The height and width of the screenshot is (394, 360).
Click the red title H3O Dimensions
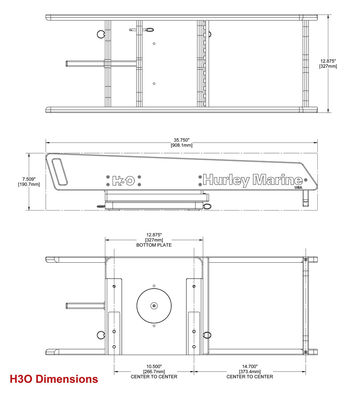(x=54, y=379)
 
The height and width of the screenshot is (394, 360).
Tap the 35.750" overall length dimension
(x=181, y=140)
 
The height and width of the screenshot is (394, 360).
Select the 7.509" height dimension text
(x=29, y=179)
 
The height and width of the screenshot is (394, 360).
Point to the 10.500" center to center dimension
(x=154, y=367)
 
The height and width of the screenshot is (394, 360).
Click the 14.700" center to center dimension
(x=250, y=367)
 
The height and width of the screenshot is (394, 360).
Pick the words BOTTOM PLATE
(x=154, y=245)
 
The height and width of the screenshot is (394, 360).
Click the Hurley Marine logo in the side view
(x=253, y=181)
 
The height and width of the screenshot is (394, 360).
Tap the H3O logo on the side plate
(x=124, y=181)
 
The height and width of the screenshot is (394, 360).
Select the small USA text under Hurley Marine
(x=298, y=188)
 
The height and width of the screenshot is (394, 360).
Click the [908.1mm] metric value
(x=181, y=145)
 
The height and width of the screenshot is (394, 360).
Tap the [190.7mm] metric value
(x=29, y=185)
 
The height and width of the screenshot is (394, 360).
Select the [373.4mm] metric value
(x=250, y=372)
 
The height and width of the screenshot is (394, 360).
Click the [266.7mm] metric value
(x=154, y=372)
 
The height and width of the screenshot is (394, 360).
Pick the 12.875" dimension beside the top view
(x=328, y=61)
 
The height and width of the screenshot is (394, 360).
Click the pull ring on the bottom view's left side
(x=101, y=335)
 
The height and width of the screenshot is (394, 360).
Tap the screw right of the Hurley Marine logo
(x=305, y=180)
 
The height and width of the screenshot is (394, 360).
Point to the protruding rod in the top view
(x=85, y=63)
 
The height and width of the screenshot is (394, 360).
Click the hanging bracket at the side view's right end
(x=305, y=198)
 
